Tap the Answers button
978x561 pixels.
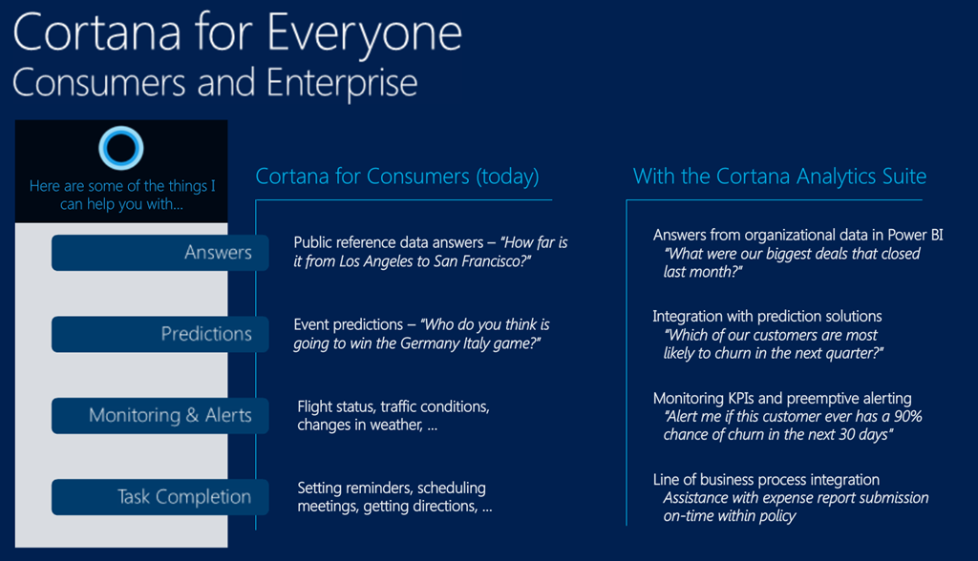(159, 253)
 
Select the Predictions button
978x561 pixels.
(159, 334)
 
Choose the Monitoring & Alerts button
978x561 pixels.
(159, 416)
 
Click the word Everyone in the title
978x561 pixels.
(365, 35)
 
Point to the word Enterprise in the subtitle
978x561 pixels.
(342, 84)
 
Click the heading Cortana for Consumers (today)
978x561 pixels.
(397, 177)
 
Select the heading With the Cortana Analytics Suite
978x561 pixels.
(779, 177)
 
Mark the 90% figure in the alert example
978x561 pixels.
(908, 416)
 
